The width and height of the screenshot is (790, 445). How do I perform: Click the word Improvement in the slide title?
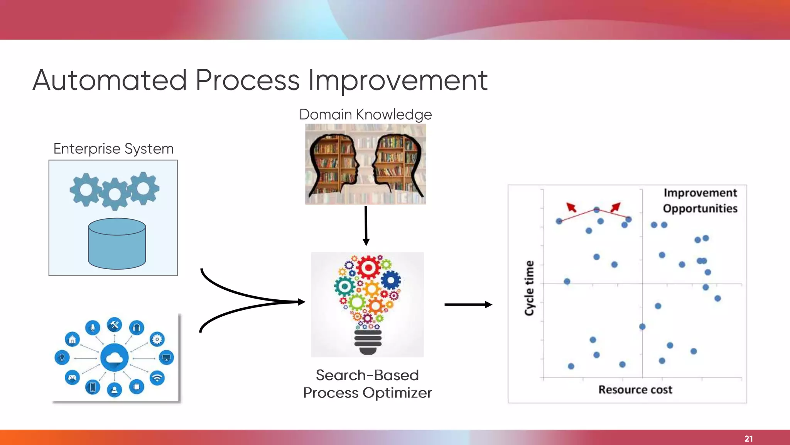tap(398, 80)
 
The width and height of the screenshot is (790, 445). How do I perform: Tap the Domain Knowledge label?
tap(365, 114)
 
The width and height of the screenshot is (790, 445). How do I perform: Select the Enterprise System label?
tap(113, 149)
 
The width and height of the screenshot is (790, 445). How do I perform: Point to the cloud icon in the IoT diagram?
tap(114, 358)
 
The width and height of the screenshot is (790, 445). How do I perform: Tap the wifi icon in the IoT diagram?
tap(157, 377)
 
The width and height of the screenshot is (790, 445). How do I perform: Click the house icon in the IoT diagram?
tap(72, 340)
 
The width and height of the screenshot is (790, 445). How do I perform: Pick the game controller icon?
tap(72, 377)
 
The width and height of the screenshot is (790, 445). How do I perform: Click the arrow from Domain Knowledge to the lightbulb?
tap(366, 226)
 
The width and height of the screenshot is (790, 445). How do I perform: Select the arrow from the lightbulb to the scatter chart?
tap(468, 305)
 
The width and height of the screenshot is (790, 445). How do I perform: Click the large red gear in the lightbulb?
tap(368, 267)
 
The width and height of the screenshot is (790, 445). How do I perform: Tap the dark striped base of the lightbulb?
tap(368, 342)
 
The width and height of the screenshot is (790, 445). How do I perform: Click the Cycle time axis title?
tap(529, 288)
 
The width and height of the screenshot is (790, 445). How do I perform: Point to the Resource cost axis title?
tap(635, 389)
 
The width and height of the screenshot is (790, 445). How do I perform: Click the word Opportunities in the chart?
tap(700, 209)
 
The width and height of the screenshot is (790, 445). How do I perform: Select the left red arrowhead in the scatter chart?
tap(571, 207)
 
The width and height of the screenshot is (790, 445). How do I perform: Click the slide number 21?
tap(748, 438)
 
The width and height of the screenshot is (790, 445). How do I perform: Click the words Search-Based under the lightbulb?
tap(367, 375)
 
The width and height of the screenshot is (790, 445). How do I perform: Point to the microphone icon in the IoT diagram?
tap(93, 328)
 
